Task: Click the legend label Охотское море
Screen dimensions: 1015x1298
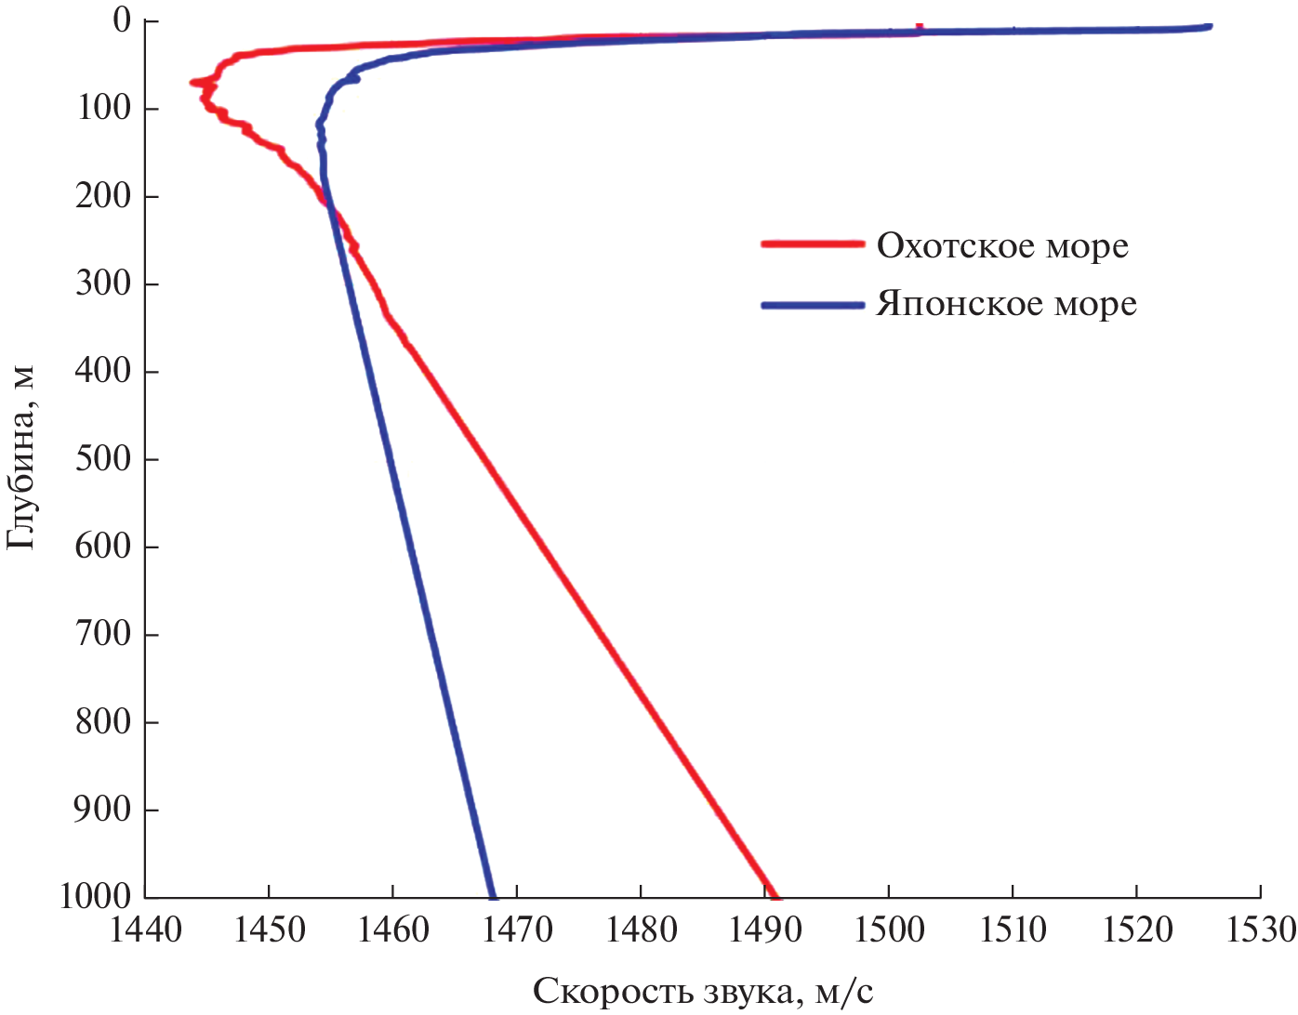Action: pyautogui.click(x=1002, y=246)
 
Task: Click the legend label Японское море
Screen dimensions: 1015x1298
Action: pyautogui.click(x=1006, y=305)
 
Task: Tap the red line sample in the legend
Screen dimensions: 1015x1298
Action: pyautogui.click(x=813, y=244)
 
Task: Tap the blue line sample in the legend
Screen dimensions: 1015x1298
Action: pyautogui.click(x=813, y=305)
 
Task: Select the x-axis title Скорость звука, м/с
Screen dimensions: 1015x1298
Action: pyautogui.click(x=703, y=992)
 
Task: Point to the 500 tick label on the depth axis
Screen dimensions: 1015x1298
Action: pyautogui.click(x=103, y=458)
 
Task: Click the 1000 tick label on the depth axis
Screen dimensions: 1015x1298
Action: pyautogui.click(x=96, y=897)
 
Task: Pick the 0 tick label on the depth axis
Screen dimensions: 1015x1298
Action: pyautogui.click(x=122, y=20)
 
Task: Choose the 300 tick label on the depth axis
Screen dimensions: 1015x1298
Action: pyautogui.click(x=103, y=283)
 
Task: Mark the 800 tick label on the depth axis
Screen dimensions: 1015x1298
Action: pyautogui.click(x=103, y=721)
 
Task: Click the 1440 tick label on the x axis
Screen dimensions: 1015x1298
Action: pyautogui.click(x=146, y=929)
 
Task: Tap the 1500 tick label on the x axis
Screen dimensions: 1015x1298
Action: pyautogui.click(x=889, y=929)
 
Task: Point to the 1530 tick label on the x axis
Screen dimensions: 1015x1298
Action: pyautogui.click(x=1261, y=929)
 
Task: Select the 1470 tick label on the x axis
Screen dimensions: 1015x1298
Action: pyautogui.click(x=517, y=929)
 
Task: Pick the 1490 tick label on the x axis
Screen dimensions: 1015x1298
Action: pyautogui.click(x=765, y=929)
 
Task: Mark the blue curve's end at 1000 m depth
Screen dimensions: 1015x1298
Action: pyautogui.click(x=493, y=896)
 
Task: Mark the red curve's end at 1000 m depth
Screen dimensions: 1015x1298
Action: pyautogui.click(x=776, y=896)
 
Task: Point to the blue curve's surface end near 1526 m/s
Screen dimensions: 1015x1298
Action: pyautogui.click(x=1209, y=26)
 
